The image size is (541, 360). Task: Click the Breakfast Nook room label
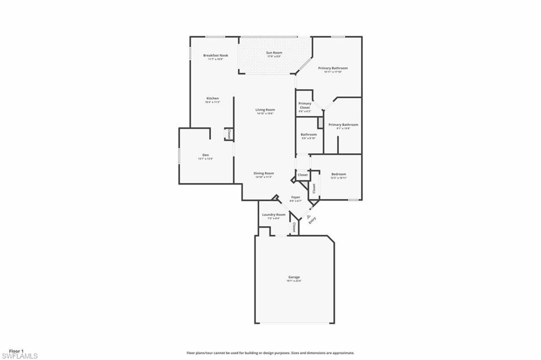coord(216,55)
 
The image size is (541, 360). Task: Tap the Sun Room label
coord(274,52)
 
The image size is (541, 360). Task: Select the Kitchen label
coord(212,98)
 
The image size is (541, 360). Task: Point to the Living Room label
coord(265,109)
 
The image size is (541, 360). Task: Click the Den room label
coord(206,155)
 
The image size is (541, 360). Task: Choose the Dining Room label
coord(264,173)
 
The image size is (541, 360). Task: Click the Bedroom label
coord(339,174)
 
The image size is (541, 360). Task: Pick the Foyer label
coord(296,198)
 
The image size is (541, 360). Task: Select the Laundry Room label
coord(274,214)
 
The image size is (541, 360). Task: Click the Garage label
coord(294,277)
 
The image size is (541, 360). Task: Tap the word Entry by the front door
coord(312,220)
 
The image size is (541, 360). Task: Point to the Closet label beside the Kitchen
coord(228,134)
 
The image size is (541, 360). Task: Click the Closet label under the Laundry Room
coord(294,227)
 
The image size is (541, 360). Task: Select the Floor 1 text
coord(16,351)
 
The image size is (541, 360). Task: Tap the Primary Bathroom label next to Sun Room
coord(333,68)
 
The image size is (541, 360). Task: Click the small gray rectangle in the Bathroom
coord(320,122)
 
